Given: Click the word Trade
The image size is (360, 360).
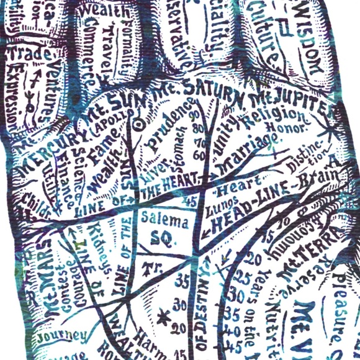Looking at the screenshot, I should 25,54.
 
